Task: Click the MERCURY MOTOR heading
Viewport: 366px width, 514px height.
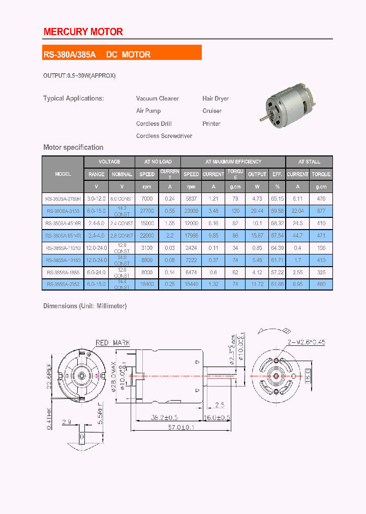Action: [83, 31]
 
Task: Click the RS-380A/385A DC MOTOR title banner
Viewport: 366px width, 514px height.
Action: [97, 54]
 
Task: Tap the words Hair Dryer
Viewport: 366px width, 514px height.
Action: [216, 99]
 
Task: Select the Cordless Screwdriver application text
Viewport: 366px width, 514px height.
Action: [164, 136]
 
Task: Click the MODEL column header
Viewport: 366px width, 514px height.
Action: [63, 174]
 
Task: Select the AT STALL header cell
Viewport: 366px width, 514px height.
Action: [309, 162]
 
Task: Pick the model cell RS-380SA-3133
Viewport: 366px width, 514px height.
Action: [63, 211]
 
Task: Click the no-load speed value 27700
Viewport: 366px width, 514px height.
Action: [147, 211]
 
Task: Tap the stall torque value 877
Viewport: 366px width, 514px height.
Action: [321, 211]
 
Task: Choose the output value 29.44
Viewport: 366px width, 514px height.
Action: [257, 211]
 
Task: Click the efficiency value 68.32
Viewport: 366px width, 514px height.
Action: [278, 223]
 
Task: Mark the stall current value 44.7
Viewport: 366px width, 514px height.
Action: [297, 236]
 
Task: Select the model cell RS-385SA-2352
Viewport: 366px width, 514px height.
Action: [63, 284]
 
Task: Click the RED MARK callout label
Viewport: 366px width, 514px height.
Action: [113, 343]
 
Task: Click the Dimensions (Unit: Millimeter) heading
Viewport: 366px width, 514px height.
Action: [85, 306]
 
